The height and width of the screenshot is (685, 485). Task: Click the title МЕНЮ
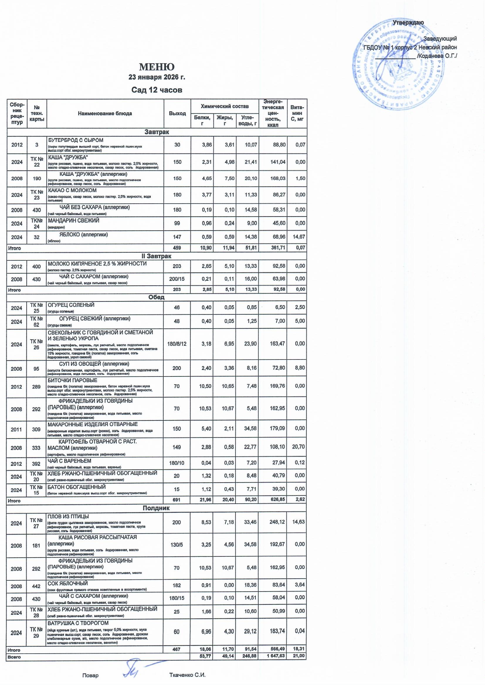157,67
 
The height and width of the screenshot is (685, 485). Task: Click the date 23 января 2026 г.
157,77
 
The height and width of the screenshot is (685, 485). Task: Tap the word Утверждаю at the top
408,23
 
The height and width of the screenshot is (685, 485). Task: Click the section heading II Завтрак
157,256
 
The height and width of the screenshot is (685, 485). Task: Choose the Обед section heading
156,297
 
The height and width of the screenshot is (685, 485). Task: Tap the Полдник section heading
156,508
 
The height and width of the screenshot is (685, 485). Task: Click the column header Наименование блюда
105,113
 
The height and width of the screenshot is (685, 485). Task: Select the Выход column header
177,113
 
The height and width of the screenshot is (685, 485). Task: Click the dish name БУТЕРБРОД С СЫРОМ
76,140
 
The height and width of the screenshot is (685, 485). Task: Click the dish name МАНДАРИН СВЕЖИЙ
74,221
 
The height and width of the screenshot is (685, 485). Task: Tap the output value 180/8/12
177,344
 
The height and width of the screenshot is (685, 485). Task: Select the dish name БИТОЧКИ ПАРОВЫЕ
72,380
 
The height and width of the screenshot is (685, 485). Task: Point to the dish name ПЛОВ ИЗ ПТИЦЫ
68,517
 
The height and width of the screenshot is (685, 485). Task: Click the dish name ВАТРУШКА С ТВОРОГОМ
78,623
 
